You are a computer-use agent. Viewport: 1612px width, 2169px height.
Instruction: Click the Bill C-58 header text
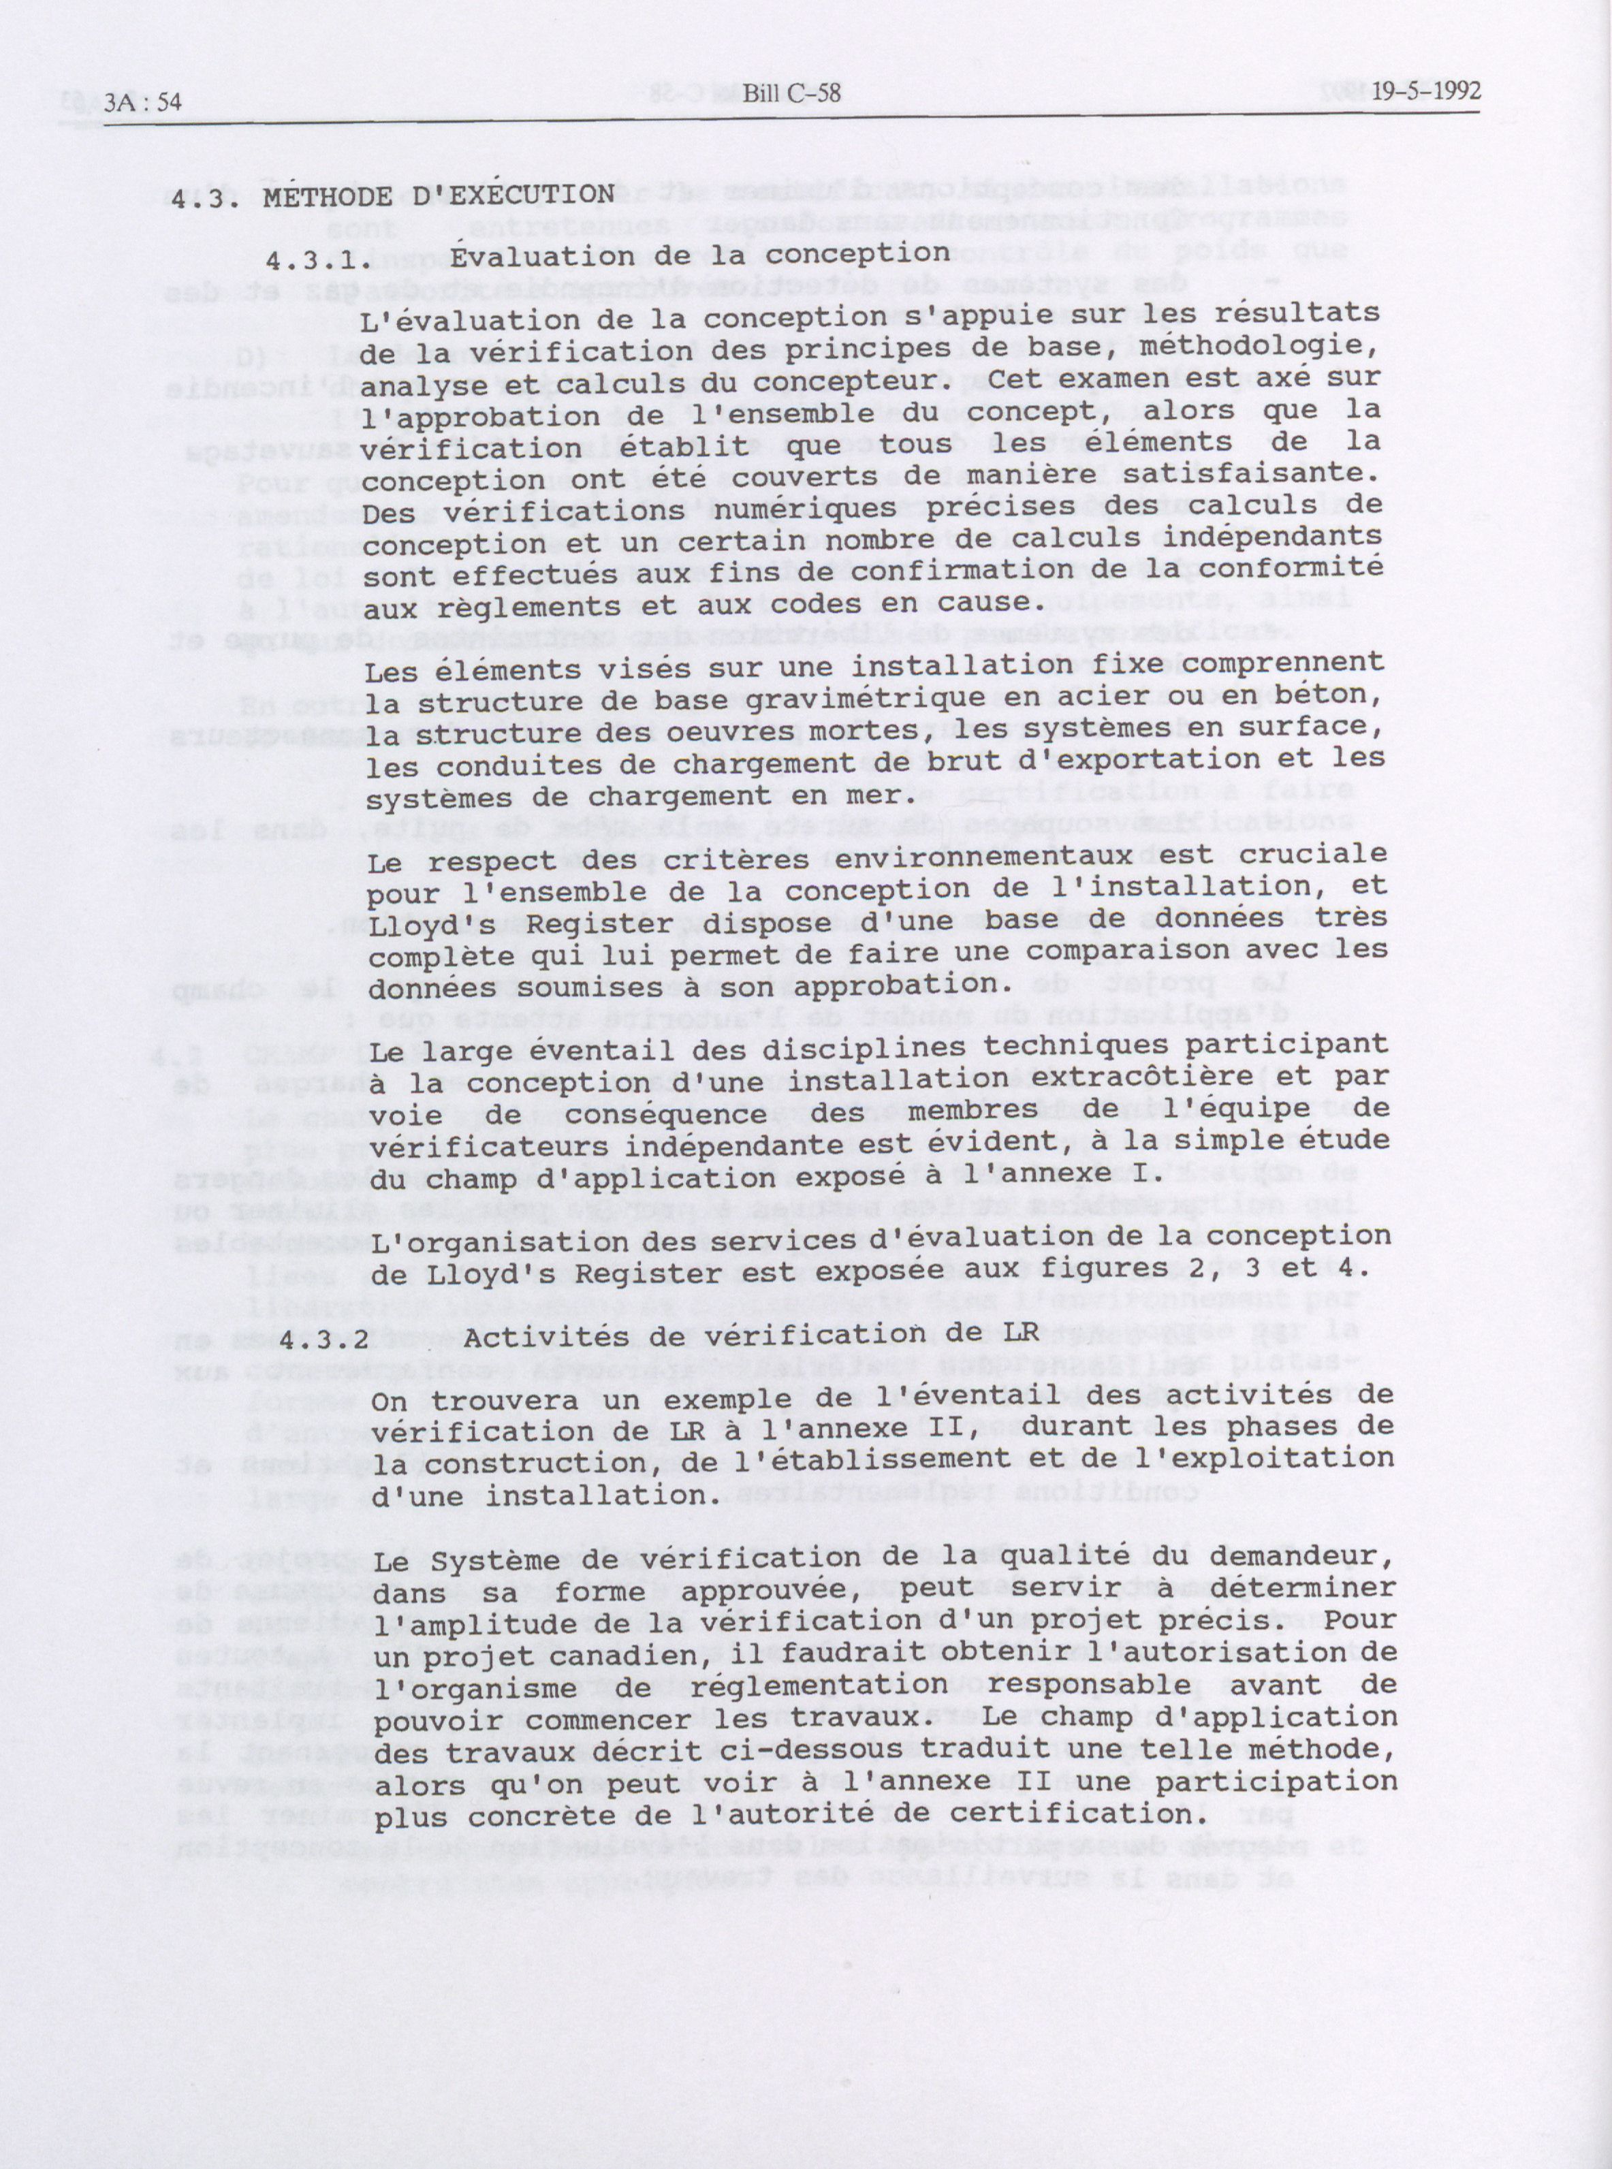click(791, 95)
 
